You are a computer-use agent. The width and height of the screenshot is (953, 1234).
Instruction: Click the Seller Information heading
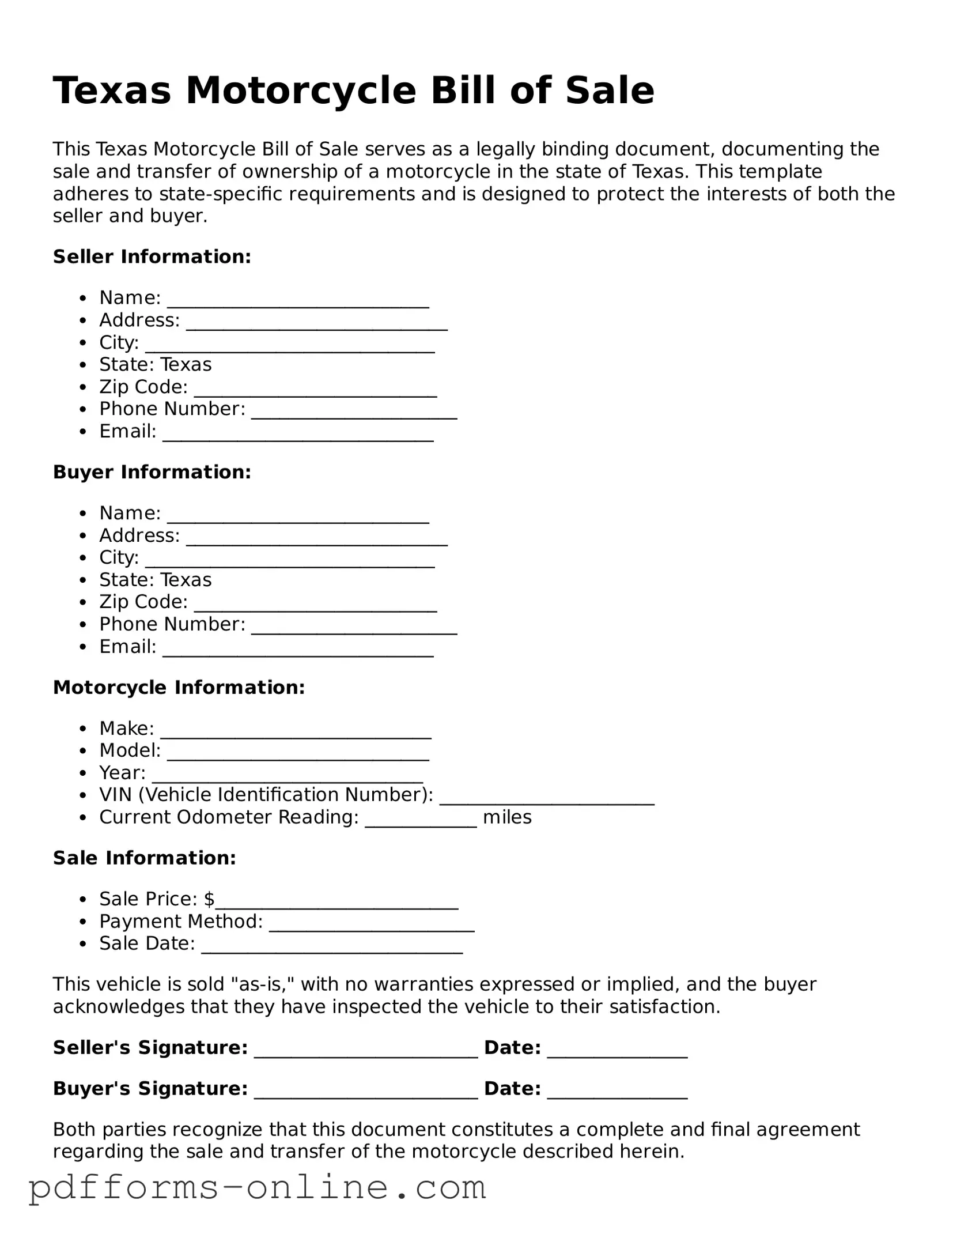pos(152,256)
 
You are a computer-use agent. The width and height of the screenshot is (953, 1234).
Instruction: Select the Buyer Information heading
pos(152,472)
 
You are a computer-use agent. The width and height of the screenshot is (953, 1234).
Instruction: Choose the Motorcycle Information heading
pos(179,687)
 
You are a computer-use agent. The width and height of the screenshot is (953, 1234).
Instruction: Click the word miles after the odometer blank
pos(507,817)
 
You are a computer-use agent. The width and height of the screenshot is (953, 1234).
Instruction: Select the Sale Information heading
pos(145,858)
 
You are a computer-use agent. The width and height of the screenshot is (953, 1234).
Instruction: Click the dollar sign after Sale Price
pos(209,899)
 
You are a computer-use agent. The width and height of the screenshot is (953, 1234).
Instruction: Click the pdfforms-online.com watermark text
pos(258,1187)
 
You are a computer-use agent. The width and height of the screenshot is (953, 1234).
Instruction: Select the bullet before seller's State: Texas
pos(84,365)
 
